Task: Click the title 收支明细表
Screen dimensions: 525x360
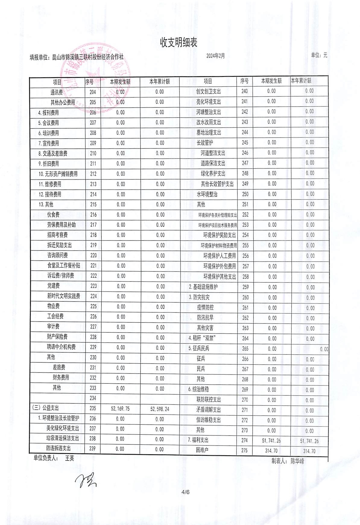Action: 178,43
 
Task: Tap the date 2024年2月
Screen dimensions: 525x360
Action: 215,56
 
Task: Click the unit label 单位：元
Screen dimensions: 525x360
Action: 319,55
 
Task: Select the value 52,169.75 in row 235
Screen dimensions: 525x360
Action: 120,409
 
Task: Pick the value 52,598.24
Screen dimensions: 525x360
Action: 159,409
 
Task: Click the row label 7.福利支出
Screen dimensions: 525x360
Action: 198,440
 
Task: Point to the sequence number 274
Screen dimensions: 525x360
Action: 245,441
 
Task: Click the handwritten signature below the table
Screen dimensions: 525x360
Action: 86,480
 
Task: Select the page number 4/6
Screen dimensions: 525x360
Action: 185,492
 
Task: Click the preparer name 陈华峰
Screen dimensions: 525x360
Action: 297,461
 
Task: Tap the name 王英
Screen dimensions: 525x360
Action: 70,458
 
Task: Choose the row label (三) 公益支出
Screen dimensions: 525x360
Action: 46,408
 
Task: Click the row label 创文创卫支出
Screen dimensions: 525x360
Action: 209,91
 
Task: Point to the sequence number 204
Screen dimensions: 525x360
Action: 93,92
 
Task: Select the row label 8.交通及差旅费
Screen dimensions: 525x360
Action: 53,154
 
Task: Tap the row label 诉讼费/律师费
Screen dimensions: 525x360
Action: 61,275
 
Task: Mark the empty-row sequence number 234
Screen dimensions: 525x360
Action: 93,398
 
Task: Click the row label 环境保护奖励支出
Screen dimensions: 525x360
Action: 219,235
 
